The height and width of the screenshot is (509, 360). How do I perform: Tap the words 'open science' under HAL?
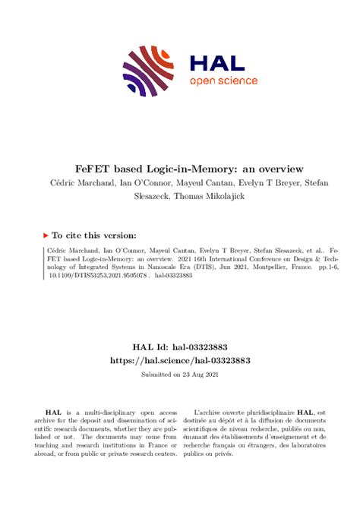coord(223,81)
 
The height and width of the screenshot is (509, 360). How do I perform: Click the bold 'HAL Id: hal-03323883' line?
coord(179,346)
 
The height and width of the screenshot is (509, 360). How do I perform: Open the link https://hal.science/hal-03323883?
coord(179,360)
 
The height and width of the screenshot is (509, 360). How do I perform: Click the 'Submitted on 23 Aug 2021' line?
coord(179,375)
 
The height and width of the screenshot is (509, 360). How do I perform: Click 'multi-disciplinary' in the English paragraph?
coord(112,411)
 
